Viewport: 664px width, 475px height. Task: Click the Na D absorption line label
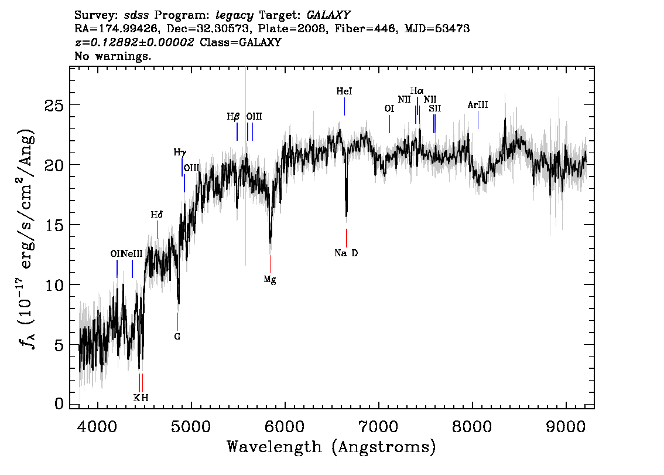pos(346,253)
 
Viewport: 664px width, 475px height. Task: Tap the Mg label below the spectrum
pos(270,280)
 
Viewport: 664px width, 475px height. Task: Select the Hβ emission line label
pos(233,117)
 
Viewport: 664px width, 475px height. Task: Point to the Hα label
pos(417,91)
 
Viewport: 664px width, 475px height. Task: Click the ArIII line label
pos(478,105)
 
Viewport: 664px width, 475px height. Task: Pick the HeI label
pos(344,91)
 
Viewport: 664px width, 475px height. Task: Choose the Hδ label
pos(157,215)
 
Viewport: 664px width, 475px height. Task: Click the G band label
pos(177,337)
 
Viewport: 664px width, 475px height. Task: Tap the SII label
pos(435,108)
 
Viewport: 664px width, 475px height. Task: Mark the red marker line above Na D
pos(347,238)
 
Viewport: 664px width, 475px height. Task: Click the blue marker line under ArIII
pos(478,120)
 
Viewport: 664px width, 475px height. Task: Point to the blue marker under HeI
pos(344,107)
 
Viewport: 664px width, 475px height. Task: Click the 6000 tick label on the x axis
pos(285,427)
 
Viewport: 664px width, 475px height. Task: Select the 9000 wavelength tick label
pos(565,427)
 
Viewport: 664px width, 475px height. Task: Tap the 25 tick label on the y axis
pos(54,105)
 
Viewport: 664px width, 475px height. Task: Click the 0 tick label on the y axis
pos(59,403)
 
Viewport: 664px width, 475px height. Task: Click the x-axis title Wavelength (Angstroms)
pos(331,447)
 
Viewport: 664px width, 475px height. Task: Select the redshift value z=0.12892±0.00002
pos(134,42)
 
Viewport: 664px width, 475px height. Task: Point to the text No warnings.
pos(113,56)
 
